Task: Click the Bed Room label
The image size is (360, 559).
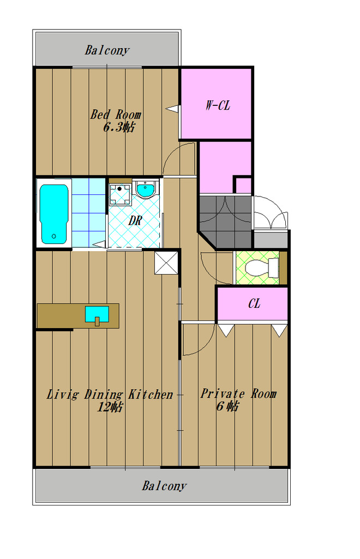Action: pos(116,115)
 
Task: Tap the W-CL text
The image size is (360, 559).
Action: pos(218,105)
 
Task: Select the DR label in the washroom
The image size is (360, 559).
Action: pos(135,221)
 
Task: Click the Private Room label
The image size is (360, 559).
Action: pos(238,394)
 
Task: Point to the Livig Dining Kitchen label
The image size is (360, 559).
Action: pos(110,394)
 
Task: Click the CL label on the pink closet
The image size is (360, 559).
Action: pos(254,304)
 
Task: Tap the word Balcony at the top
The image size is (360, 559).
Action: pos(107,50)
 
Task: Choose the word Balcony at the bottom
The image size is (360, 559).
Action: pos(164,485)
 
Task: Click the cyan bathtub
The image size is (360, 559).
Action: pos(54,214)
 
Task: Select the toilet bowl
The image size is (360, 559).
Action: pos(262,268)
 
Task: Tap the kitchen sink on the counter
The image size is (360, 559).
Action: pos(97,314)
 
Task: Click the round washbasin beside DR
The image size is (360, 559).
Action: pos(146,189)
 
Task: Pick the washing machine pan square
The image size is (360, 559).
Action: pos(120,195)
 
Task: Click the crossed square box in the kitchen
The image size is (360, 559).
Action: pos(166,263)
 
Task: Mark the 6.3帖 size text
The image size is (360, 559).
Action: pos(119,127)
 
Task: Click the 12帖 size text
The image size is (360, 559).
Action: pos(110,406)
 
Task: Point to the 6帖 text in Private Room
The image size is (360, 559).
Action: pos(227,406)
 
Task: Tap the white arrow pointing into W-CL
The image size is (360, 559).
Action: pos(173,109)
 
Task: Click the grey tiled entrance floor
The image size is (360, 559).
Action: pos(225,221)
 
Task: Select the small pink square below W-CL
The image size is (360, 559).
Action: pos(244,185)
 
